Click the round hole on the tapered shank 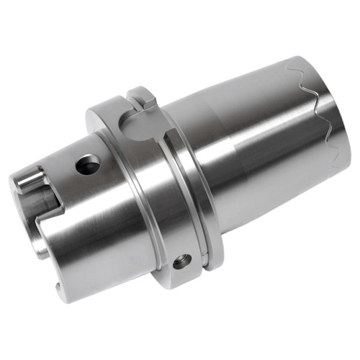88,166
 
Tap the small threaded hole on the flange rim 182,261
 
